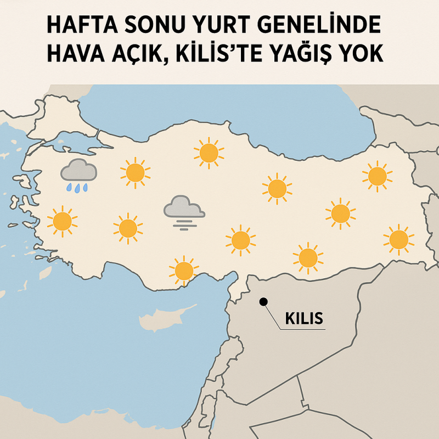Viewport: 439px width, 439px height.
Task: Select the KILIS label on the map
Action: pos(304,318)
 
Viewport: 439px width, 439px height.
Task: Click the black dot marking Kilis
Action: pos(263,301)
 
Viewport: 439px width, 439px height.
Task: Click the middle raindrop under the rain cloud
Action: pos(78,188)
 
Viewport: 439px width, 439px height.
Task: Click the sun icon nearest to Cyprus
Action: pos(183,270)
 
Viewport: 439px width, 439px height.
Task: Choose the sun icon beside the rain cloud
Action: pos(135,172)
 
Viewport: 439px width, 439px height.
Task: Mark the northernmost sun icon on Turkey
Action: pos(209,153)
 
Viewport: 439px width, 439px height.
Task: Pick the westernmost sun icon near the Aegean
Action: pos(61,221)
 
